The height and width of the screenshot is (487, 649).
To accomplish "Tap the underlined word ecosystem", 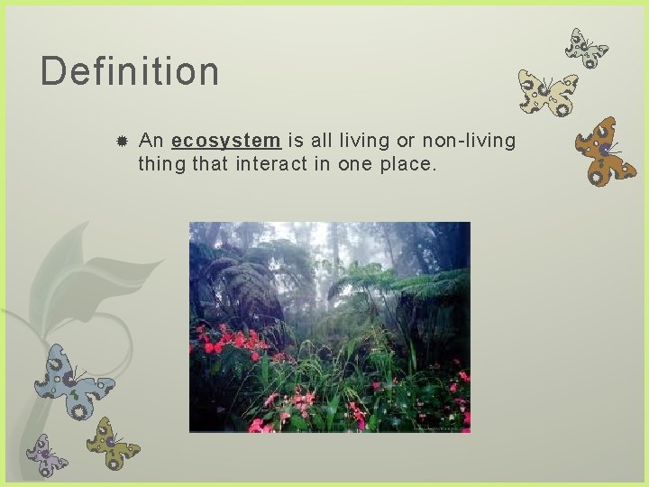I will [x=225, y=141].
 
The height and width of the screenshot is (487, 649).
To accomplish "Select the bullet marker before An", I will [x=121, y=142].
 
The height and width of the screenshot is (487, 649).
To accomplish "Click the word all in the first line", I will [x=322, y=141].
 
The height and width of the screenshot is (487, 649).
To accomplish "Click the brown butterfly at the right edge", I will [x=605, y=151].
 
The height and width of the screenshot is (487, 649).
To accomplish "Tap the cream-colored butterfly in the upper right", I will [x=547, y=93].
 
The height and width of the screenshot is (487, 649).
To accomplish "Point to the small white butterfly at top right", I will [x=586, y=48].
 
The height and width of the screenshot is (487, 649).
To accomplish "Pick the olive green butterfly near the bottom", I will [x=113, y=442].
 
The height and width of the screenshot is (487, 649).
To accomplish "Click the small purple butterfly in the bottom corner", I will [x=46, y=455].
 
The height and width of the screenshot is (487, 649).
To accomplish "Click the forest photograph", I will [x=329, y=326].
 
